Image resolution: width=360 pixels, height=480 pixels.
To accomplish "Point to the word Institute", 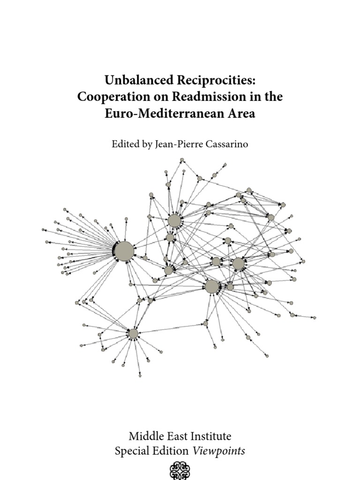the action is (x=209, y=436).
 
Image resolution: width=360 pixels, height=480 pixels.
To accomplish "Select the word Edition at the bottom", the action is (x=172, y=451).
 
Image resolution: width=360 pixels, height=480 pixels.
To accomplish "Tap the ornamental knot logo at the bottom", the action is (x=180, y=470).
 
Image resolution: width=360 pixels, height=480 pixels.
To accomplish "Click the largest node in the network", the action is (x=124, y=251).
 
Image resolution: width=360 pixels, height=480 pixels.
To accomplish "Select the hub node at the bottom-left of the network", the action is (x=133, y=334).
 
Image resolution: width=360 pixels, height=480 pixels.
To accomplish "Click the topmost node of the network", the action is (x=182, y=160).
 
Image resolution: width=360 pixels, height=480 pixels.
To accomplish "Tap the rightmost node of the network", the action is (x=314, y=318).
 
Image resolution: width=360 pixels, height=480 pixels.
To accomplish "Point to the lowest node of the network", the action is (x=140, y=375).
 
